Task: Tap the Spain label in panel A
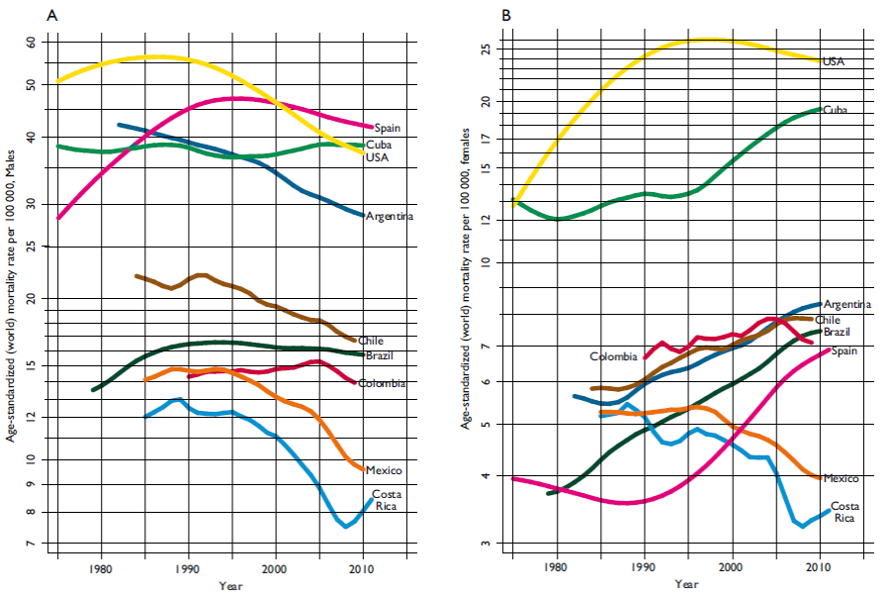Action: [387, 128]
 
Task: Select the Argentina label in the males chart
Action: [389, 216]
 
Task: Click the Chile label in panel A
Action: [371, 341]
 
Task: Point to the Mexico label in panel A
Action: [382, 470]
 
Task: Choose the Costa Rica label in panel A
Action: [387, 500]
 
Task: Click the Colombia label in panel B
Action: [614, 356]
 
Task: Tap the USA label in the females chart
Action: [833, 61]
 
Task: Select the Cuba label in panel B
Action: [835, 110]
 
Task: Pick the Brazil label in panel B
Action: [836, 333]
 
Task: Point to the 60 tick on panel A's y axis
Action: [30, 43]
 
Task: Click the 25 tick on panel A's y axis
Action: [30, 246]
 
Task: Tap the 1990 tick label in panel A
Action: [188, 569]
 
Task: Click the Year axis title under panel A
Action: [229, 585]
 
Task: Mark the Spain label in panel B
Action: [844, 351]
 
